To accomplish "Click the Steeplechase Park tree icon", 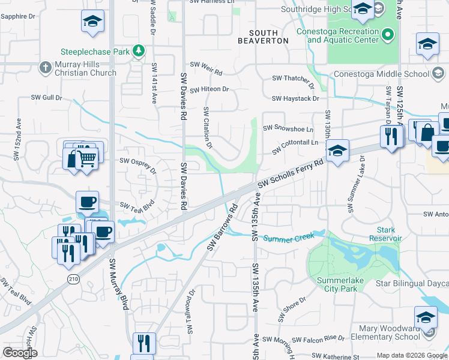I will pyautogui.click(x=139, y=52).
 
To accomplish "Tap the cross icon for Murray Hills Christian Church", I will pyautogui.click(x=45, y=67).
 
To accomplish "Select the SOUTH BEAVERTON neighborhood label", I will pyautogui.click(x=263, y=35).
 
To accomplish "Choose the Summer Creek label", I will pyautogui.click(x=289, y=238).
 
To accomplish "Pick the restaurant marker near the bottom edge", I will pyautogui.click(x=144, y=344).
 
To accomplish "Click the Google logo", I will pyautogui.click(x=20, y=353).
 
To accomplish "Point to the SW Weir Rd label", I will pyautogui.click(x=206, y=65).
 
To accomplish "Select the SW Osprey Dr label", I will pyautogui.click(x=137, y=165).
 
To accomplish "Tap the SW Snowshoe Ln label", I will pyautogui.click(x=293, y=128).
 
